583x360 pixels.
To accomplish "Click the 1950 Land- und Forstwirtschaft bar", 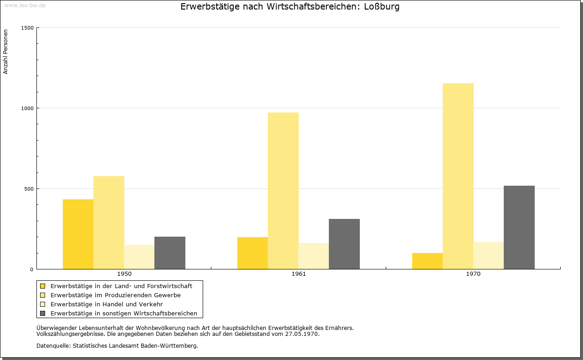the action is (78, 234).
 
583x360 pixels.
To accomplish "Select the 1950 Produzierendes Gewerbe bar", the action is (109, 223).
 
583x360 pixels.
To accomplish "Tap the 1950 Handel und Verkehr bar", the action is (139, 257).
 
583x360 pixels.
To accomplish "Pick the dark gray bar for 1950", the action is (170, 253).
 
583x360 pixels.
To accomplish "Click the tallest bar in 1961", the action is (283, 191).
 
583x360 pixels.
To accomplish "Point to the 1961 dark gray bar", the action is (344, 244).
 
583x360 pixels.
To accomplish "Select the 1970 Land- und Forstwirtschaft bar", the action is (427, 261).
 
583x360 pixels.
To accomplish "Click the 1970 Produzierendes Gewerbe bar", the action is (458, 176).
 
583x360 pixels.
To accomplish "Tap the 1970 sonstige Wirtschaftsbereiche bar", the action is (519, 228).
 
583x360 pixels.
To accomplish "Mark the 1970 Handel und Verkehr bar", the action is (489, 256).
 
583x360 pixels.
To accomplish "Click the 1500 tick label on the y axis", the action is (27, 28).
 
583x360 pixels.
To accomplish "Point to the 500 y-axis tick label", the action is (29, 189).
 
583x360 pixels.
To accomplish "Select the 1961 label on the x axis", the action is (299, 274).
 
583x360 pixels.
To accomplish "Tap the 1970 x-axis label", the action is (473, 274).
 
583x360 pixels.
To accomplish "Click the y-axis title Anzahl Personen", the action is (5, 52).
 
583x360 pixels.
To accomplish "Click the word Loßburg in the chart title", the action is (382, 7).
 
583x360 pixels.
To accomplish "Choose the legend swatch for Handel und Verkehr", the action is (43, 304).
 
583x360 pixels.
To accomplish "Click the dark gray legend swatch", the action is (43, 314).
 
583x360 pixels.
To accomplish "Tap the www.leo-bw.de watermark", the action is (25, 5).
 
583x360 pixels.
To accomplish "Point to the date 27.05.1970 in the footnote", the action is (302, 334).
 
